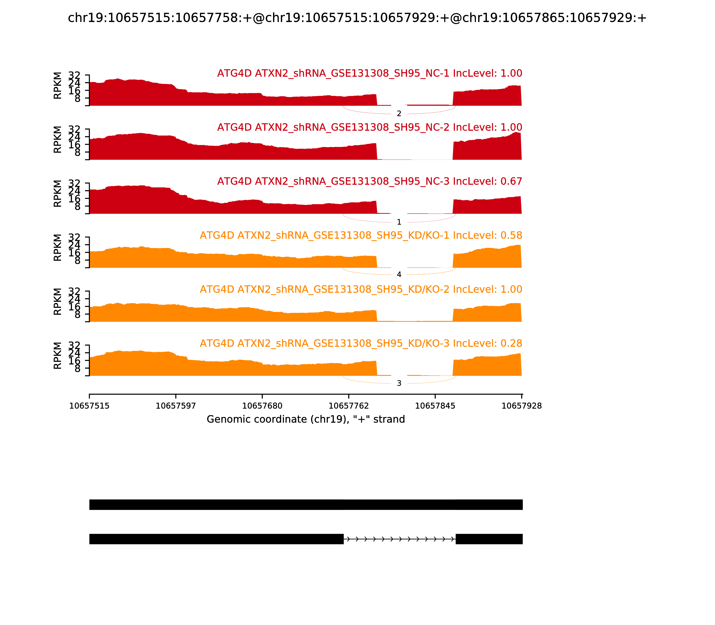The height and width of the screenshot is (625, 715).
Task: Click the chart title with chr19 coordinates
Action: (x=357, y=18)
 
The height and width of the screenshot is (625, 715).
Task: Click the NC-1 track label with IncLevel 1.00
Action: (x=369, y=73)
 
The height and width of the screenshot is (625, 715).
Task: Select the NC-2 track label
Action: (x=369, y=127)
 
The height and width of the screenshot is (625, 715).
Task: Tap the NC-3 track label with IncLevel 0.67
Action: (x=369, y=181)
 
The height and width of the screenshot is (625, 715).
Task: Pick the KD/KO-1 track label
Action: (x=361, y=235)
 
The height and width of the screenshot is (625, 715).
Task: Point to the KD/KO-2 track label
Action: (x=361, y=290)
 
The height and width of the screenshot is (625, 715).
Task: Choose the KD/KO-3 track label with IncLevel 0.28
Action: (x=361, y=344)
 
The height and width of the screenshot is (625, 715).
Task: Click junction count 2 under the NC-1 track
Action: (x=399, y=114)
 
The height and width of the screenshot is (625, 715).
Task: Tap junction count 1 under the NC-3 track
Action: (x=399, y=222)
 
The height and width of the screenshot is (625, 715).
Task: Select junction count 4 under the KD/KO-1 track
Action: (x=399, y=275)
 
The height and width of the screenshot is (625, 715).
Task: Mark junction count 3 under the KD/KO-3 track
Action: (x=399, y=383)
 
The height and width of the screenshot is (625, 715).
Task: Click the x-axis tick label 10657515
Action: (x=89, y=406)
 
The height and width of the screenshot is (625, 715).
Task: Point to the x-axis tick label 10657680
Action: (x=262, y=406)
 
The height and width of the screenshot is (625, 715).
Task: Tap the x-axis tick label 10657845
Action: (x=435, y=406)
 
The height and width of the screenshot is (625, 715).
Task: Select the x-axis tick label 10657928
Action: (x=522, y=406)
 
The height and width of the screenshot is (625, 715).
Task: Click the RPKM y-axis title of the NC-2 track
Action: (x=57, y=140)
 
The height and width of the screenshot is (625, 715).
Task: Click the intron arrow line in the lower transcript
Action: (x=400, y=539)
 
